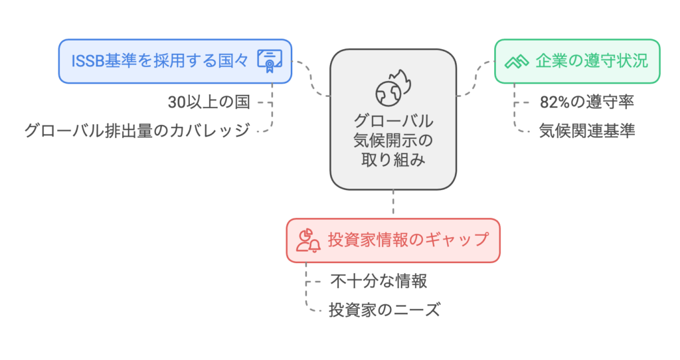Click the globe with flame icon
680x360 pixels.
(393, 88)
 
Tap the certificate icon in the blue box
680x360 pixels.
(270, 61)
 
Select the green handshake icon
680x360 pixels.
(517, 62)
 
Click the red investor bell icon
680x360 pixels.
(308, 240)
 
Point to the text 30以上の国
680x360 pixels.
(209, 102)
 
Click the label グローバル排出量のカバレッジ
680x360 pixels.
(137, 131)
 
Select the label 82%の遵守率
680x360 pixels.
(587, 102)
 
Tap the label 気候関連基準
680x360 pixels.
(587, 131)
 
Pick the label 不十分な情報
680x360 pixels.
(379, 281)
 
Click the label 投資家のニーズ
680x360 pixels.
(384, 310)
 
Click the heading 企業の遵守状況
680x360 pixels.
(592, 61)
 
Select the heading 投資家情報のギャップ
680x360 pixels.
(408, 240)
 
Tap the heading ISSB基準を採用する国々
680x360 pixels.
(159, 61)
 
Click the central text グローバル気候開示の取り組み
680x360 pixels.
(393, 140)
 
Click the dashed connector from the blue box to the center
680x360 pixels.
(311, 78)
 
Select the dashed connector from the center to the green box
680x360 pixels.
(475, 78)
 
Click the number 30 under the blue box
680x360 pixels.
(177, 102)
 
